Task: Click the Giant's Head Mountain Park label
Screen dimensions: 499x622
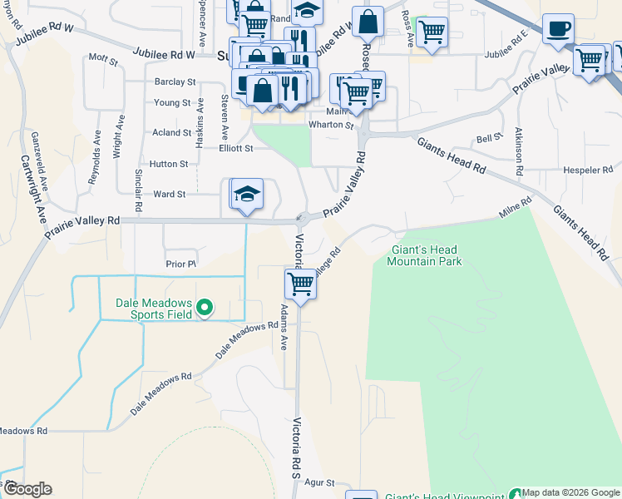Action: click(x=424, y=255)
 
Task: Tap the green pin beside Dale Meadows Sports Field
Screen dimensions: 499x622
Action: click(x=205, y=309)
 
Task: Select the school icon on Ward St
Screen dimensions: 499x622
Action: click(x=247, y=195)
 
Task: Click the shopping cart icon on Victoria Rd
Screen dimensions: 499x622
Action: click(x=300, y=284)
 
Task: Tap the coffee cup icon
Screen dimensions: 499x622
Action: click(x=558, y=29)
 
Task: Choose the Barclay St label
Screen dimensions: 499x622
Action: click(x=175, y=82)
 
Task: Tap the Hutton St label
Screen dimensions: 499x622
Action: click(x=169, y=165)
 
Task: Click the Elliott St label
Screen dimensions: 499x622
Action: click(x=235, y=149)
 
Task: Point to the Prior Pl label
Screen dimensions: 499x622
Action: click(x=180, y=264)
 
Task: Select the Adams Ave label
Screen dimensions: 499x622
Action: click(x=284, y=326)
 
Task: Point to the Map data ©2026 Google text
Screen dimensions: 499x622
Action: click(x=570, y=492)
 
